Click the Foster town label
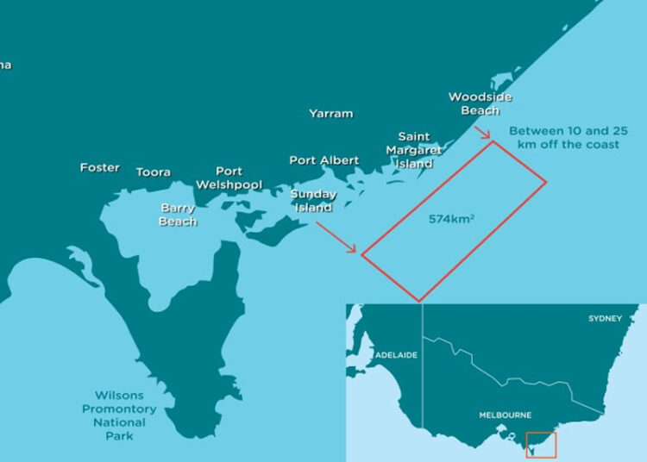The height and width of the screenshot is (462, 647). coord(99,167)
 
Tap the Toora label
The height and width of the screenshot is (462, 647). coord(153,172)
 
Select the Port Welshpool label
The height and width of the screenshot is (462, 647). coord(229,178)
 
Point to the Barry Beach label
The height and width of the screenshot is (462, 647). coord(178,215)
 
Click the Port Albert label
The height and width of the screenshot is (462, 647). coord(323,160)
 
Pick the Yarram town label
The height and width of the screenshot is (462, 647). coord(330,113)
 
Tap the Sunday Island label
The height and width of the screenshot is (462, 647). coord(313,201)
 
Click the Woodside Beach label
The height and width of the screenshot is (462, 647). coord(480,103)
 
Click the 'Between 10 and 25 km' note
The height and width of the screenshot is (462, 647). coord(568,138)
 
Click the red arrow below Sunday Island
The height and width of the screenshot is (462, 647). coord(336,238)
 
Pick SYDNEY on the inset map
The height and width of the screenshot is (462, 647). coord(604,319)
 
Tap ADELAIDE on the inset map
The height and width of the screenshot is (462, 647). coord(397,355)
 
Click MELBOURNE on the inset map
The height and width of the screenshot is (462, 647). coord(506,415)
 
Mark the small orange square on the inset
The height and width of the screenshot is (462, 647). coord(541,445)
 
